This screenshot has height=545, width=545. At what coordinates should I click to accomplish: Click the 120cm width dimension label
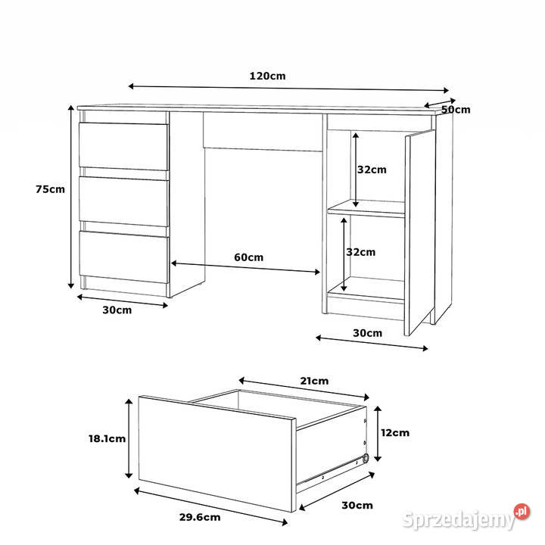click(x=267, y=76)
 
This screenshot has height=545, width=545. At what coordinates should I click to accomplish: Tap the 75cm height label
click(x=50, y=189)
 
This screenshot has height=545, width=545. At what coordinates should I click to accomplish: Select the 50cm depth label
click(x=456, y=110)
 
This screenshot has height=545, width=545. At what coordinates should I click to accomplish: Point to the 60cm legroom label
click(x=248, y=257)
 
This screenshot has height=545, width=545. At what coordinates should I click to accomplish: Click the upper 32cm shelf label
click(x=372, y=170)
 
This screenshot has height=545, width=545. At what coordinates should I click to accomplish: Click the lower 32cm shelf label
click(x=361, y=252)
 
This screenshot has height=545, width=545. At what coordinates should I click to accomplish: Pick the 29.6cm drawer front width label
click(x=200, y=518)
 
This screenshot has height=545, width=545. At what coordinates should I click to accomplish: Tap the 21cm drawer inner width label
click(x=314, y=381)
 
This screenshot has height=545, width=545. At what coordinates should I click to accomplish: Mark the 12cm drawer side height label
click(x=394, y=433)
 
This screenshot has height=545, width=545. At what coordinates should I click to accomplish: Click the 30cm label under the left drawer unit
click(x=117, y=310)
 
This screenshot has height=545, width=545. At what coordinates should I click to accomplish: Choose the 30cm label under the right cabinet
click(x=367, y=333)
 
